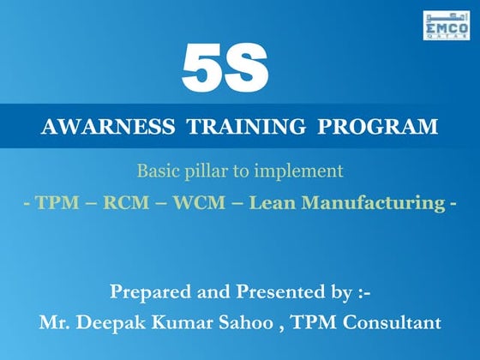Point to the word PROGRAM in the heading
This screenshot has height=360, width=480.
pos(377,128)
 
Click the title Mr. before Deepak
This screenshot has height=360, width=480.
pos(56,323)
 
